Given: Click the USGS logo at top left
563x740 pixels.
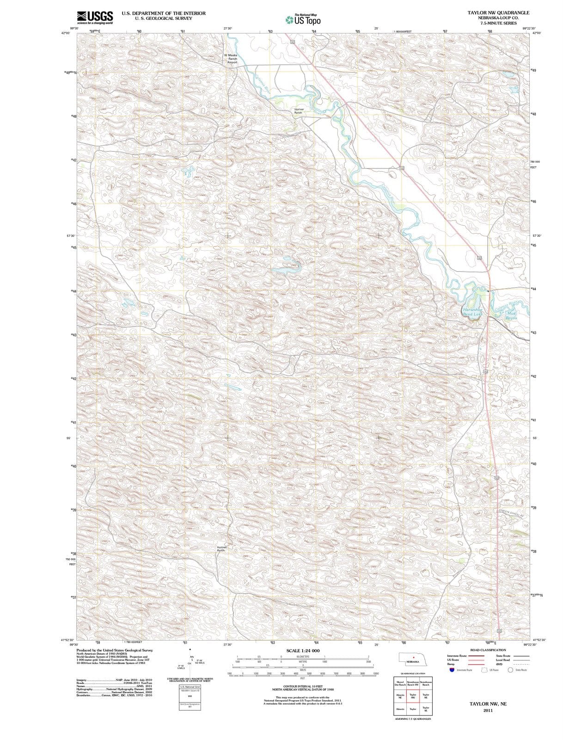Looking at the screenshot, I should pyautogui.click(x=95, y=17).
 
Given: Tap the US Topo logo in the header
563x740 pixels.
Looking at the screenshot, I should pyautogui.click(x=303, y=19).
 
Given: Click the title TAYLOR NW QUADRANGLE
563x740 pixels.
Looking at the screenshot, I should pyautogui.click(x=498, y=12).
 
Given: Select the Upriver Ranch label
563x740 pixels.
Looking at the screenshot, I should pyautogui.click(x=299, y=111).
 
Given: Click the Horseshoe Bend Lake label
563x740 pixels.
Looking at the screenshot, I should pyautogui.click(x=472, y=312).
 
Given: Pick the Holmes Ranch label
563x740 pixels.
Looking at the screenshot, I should pyautogui.click(x=221, y=549).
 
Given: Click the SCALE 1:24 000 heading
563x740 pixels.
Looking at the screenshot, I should pyautogui.click(x=303, y=650).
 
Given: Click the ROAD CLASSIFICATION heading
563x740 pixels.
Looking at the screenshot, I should pyautogui.click(x=488, y=650).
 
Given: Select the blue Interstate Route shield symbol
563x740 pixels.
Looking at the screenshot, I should pyautogui.click(x=451, y=669).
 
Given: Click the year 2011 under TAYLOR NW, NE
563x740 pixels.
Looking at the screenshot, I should pyautogui.click(x=488, y=710).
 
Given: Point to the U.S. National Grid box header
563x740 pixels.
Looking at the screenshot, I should pyautogui.click(x=190, y=687).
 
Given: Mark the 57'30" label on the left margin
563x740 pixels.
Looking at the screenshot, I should pyautogui.click(x=71, y=236).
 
